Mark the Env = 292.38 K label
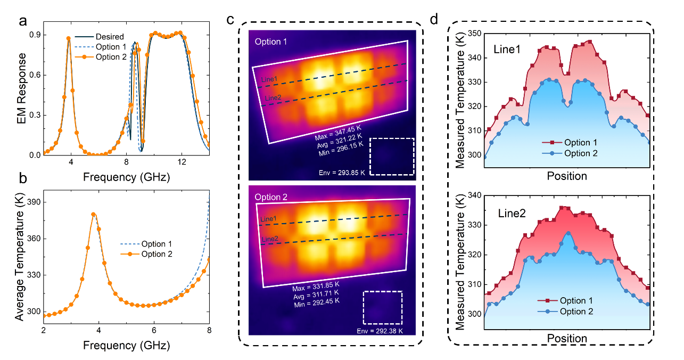tap(380, 331)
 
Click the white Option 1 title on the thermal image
tap(271, 42)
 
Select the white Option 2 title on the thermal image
tap(271, 197)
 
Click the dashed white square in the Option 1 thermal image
tap(391, 156)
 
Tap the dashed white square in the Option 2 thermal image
tap(382, 307)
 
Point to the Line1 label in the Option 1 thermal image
tap(269, 79)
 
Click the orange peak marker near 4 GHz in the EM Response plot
tap(69, 38)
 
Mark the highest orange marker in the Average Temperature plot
tap(94, 215)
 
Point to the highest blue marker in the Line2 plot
tap(569, 233)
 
